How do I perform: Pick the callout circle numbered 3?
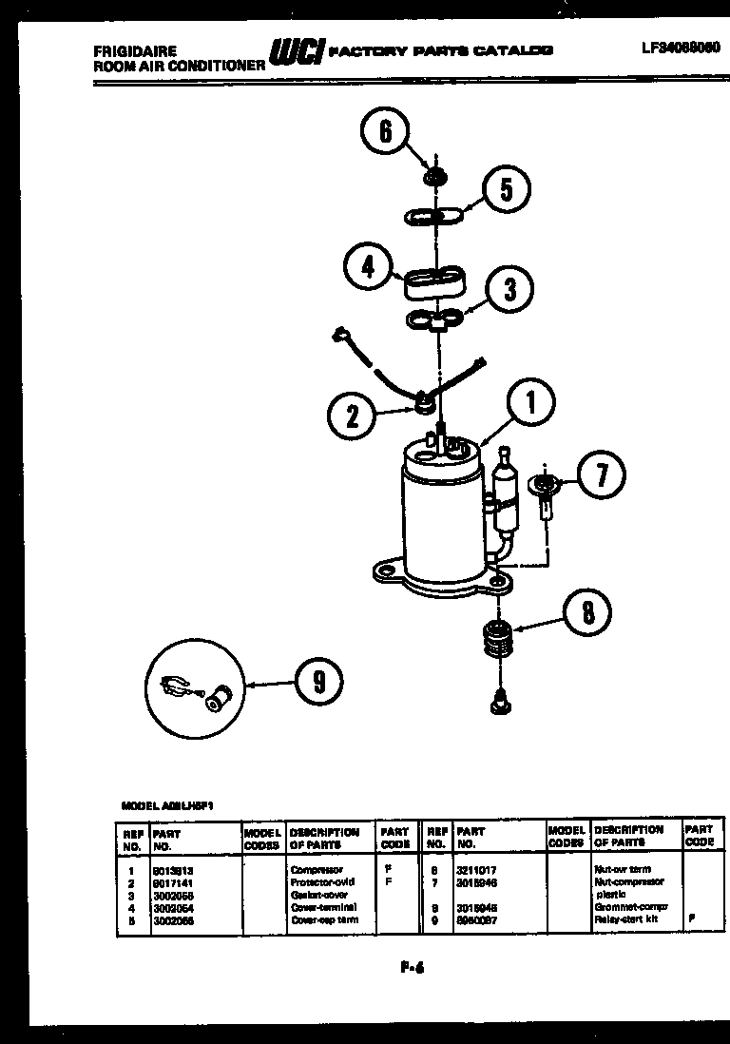[509, 287]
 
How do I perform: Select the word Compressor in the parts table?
[312, 869]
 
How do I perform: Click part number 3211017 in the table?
[475, 869]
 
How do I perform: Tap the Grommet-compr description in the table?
[626, 907]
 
